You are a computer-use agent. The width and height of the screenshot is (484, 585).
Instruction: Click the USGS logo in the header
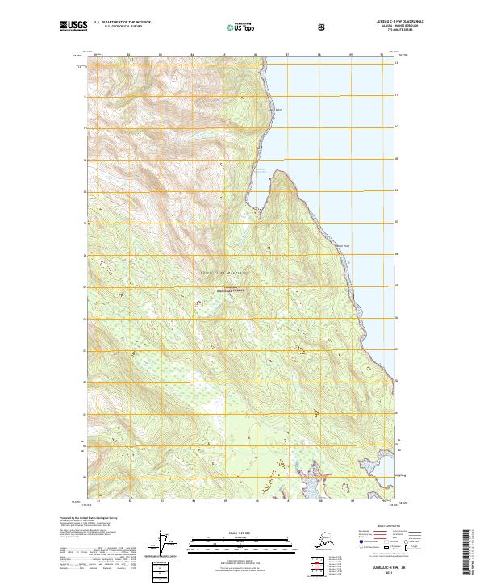(71, 26)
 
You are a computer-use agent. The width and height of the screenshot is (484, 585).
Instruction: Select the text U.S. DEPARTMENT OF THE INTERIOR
(122, 23)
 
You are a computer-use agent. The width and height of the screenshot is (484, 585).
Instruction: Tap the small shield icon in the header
(321, 27)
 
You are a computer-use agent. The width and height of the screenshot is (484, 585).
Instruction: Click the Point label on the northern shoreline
(276, 110)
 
